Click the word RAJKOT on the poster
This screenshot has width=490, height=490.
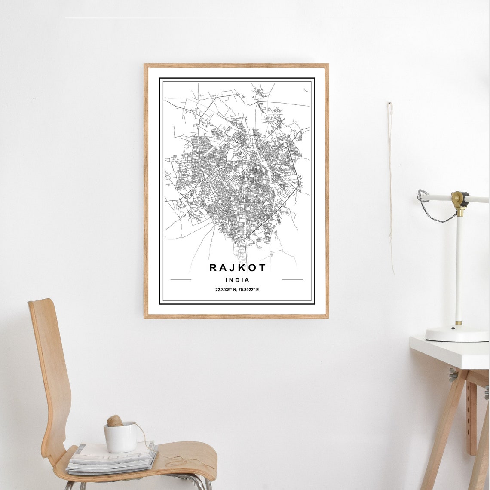237,268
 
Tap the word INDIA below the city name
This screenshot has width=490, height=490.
237,280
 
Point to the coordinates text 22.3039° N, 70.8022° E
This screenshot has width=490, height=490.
237,290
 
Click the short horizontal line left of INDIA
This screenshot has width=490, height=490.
181,280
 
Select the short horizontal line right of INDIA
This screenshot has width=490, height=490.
292,280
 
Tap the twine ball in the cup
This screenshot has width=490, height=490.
115,421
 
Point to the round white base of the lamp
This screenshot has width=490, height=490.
456,334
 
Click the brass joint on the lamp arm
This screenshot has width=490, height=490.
459,199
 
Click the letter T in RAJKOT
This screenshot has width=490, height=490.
262,268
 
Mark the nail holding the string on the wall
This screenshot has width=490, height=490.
390,104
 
